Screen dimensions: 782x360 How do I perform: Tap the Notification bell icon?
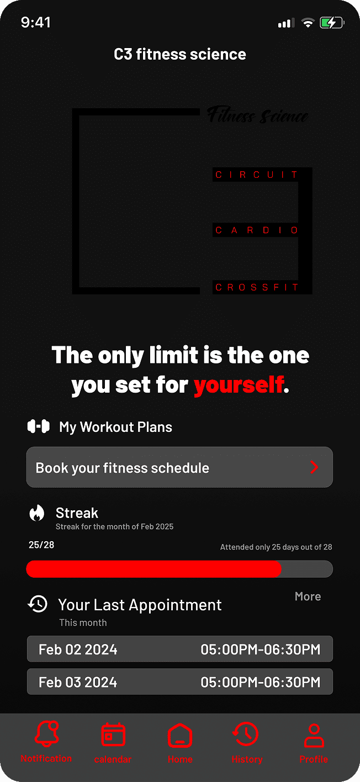46,735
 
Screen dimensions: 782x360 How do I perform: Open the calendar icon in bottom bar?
113,735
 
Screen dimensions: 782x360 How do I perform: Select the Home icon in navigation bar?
180,736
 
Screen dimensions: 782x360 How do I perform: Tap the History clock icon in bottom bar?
246,735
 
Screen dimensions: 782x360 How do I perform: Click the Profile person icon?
314,736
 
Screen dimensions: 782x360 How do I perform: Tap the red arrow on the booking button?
314,468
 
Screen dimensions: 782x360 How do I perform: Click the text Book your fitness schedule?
123,468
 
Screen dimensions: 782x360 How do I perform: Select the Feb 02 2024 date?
78,649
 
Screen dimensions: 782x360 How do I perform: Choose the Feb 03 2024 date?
78,682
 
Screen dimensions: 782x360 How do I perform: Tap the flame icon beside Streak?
37,514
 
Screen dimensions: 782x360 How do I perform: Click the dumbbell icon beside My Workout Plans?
39,426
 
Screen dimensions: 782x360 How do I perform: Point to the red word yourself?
239,385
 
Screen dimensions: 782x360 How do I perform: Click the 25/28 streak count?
41,545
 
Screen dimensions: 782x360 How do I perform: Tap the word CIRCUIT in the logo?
257,175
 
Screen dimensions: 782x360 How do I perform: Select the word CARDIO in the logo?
257,230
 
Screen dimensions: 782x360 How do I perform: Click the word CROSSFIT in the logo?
257,287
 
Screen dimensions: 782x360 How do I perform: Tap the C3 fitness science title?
180,54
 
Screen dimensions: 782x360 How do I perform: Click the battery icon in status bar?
332,23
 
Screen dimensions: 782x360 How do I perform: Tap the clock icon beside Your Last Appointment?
38,604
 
